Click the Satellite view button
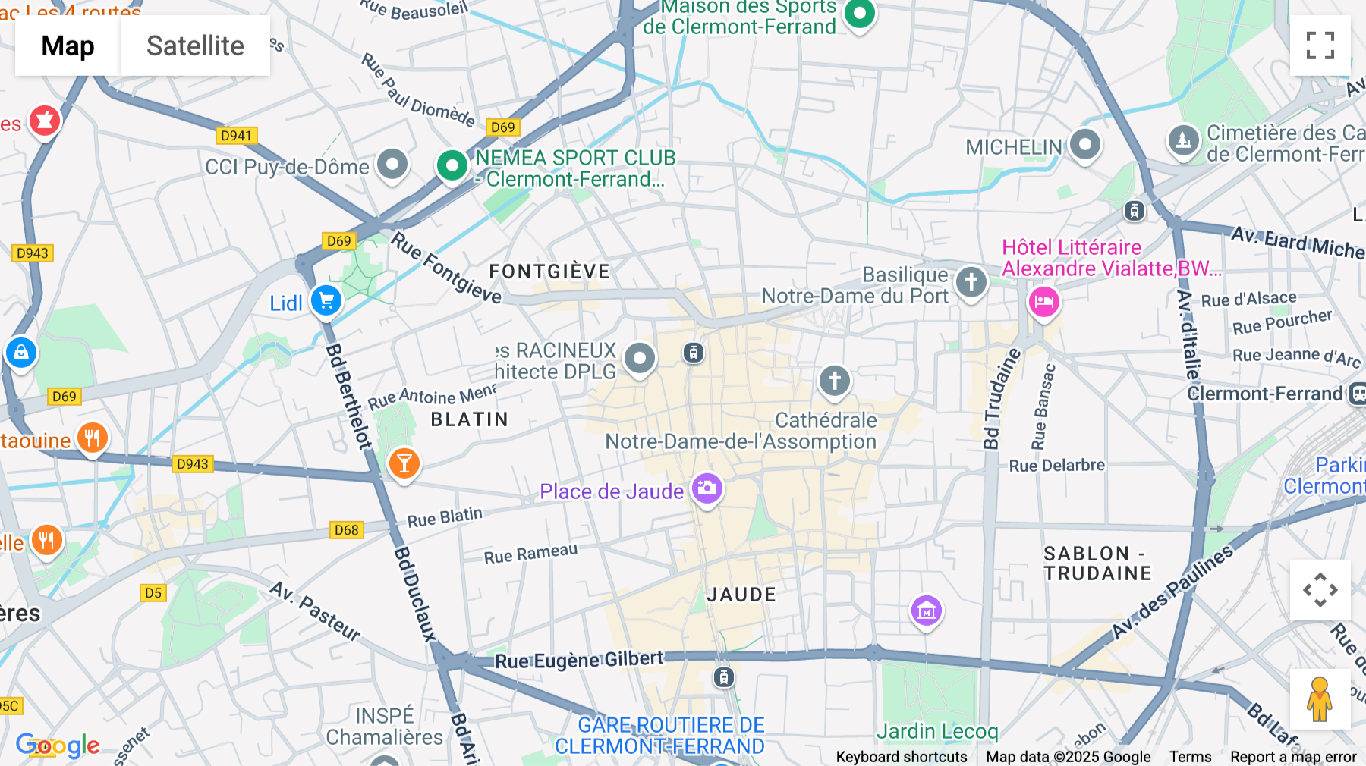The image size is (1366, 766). [x=195, y=46]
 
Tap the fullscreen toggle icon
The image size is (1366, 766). [x=1320, y=46]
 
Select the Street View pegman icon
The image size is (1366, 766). [x=1320, y=699]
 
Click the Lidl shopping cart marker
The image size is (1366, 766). [x=326, y=301]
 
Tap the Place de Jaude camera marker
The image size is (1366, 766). [x=707, y=488]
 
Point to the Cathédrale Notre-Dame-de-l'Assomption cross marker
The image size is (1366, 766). [x=835, y=381]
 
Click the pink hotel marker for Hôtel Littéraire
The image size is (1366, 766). [x=1043, y=302]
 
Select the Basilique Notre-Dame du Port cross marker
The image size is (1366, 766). [x=971, y=282]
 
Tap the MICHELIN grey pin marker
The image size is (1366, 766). [x=1084, y=144]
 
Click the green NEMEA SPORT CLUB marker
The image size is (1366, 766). [x=452, y=165]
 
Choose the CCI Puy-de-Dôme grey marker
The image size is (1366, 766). [x=392, y=164]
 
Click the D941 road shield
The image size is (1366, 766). [x=236, y=136]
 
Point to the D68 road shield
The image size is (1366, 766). [x=346, y=530]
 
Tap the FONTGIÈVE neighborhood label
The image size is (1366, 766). [x=549, y=272]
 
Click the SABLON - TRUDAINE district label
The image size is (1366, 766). [x=1097, y=564]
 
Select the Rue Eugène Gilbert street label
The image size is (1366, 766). [x=579, y=660]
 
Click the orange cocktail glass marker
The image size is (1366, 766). [x=404, y=463]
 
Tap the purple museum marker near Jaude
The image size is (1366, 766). [x=926, y=611]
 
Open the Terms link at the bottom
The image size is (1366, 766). [x=1190, y=757]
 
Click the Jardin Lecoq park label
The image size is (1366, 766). [x=937, y=731]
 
